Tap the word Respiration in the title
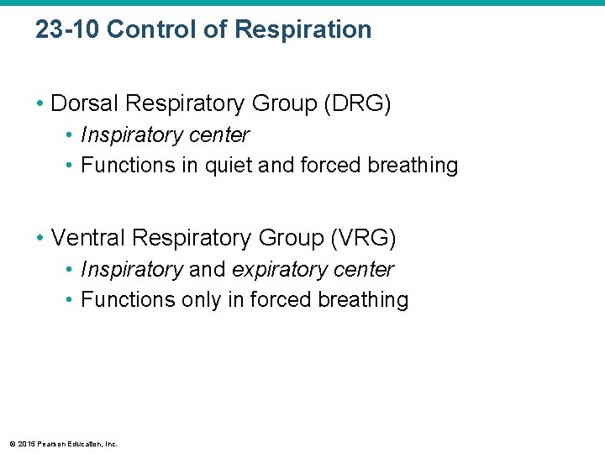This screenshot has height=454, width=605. click(302, 29)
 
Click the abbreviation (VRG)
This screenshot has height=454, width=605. click(364, 238)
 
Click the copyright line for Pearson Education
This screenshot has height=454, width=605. click(63, 444)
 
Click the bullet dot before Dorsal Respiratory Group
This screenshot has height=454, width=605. click(40, 104)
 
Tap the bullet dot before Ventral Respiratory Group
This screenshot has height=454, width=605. click(40, 239)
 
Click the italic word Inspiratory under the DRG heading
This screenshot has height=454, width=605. click(131, 135)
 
